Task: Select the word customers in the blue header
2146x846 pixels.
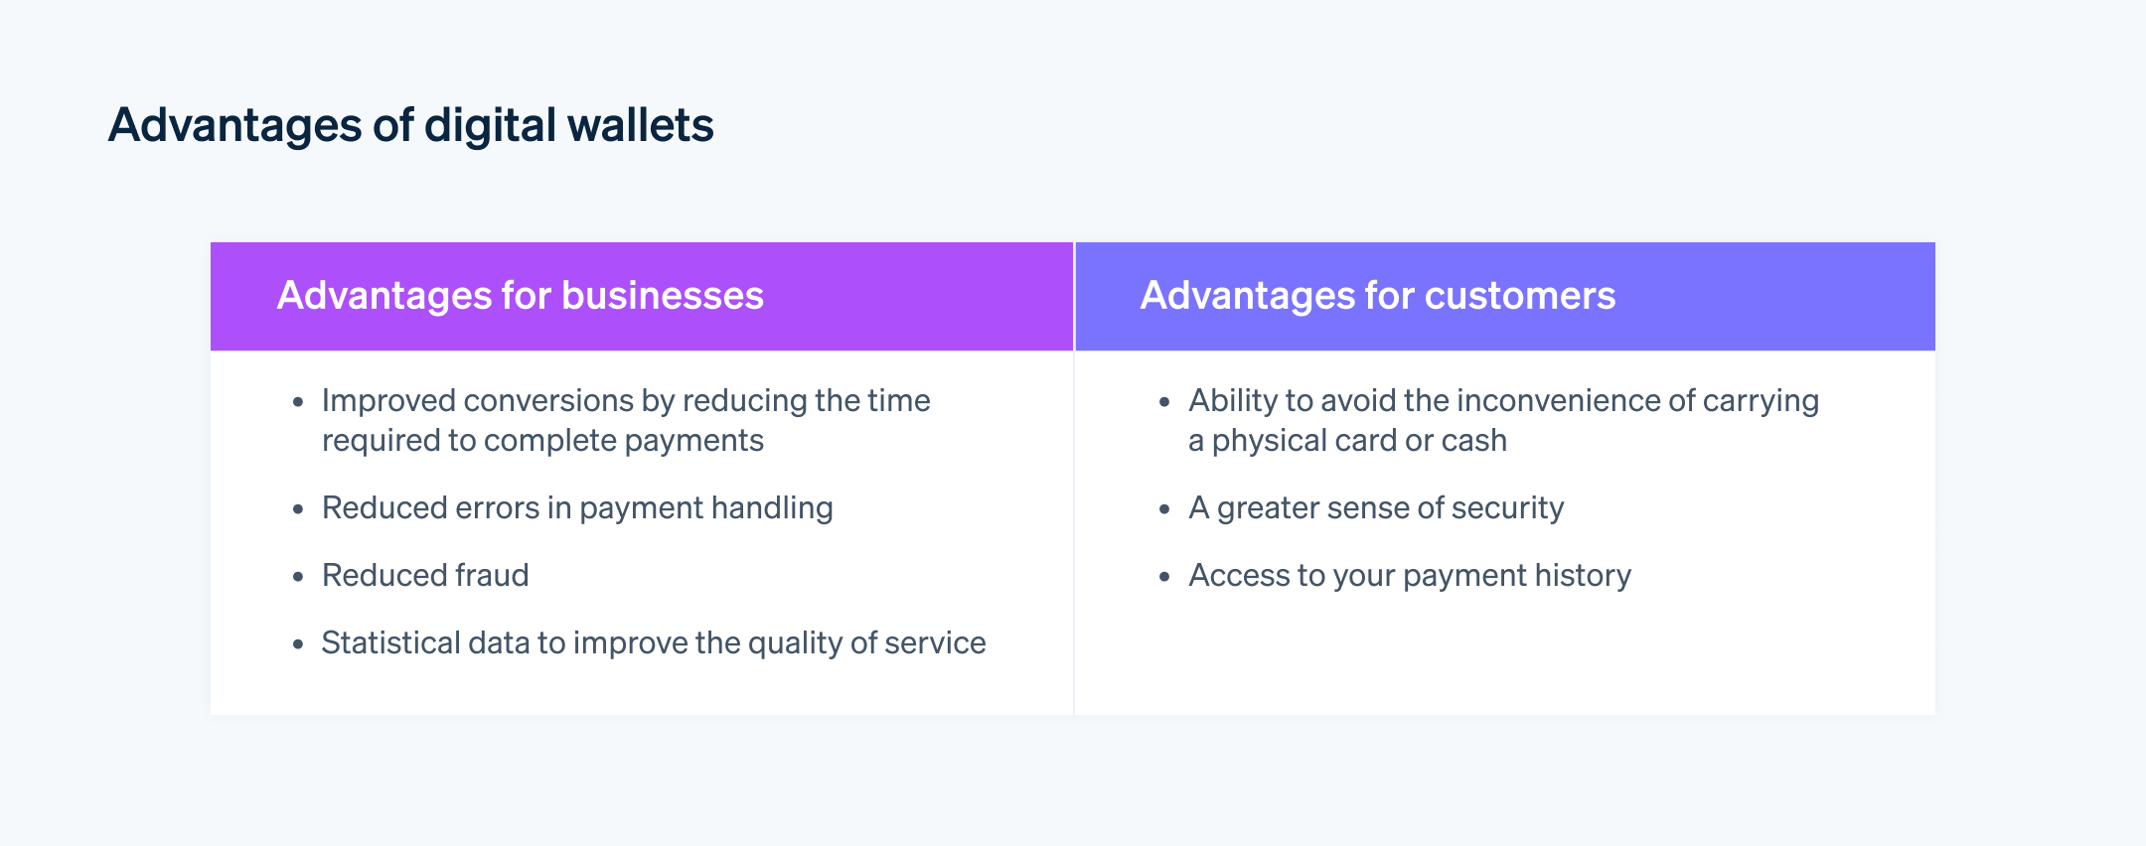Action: pos(1519,296)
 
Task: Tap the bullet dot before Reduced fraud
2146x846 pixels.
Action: pos(298,577)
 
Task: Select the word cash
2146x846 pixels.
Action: pos(1473,440)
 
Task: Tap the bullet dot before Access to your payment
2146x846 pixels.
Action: pos(1165,577)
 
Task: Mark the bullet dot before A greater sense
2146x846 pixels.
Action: pos(1165,509)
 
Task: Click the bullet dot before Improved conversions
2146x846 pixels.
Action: pos(298,402)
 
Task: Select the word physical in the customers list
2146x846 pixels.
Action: pos(1269,440)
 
